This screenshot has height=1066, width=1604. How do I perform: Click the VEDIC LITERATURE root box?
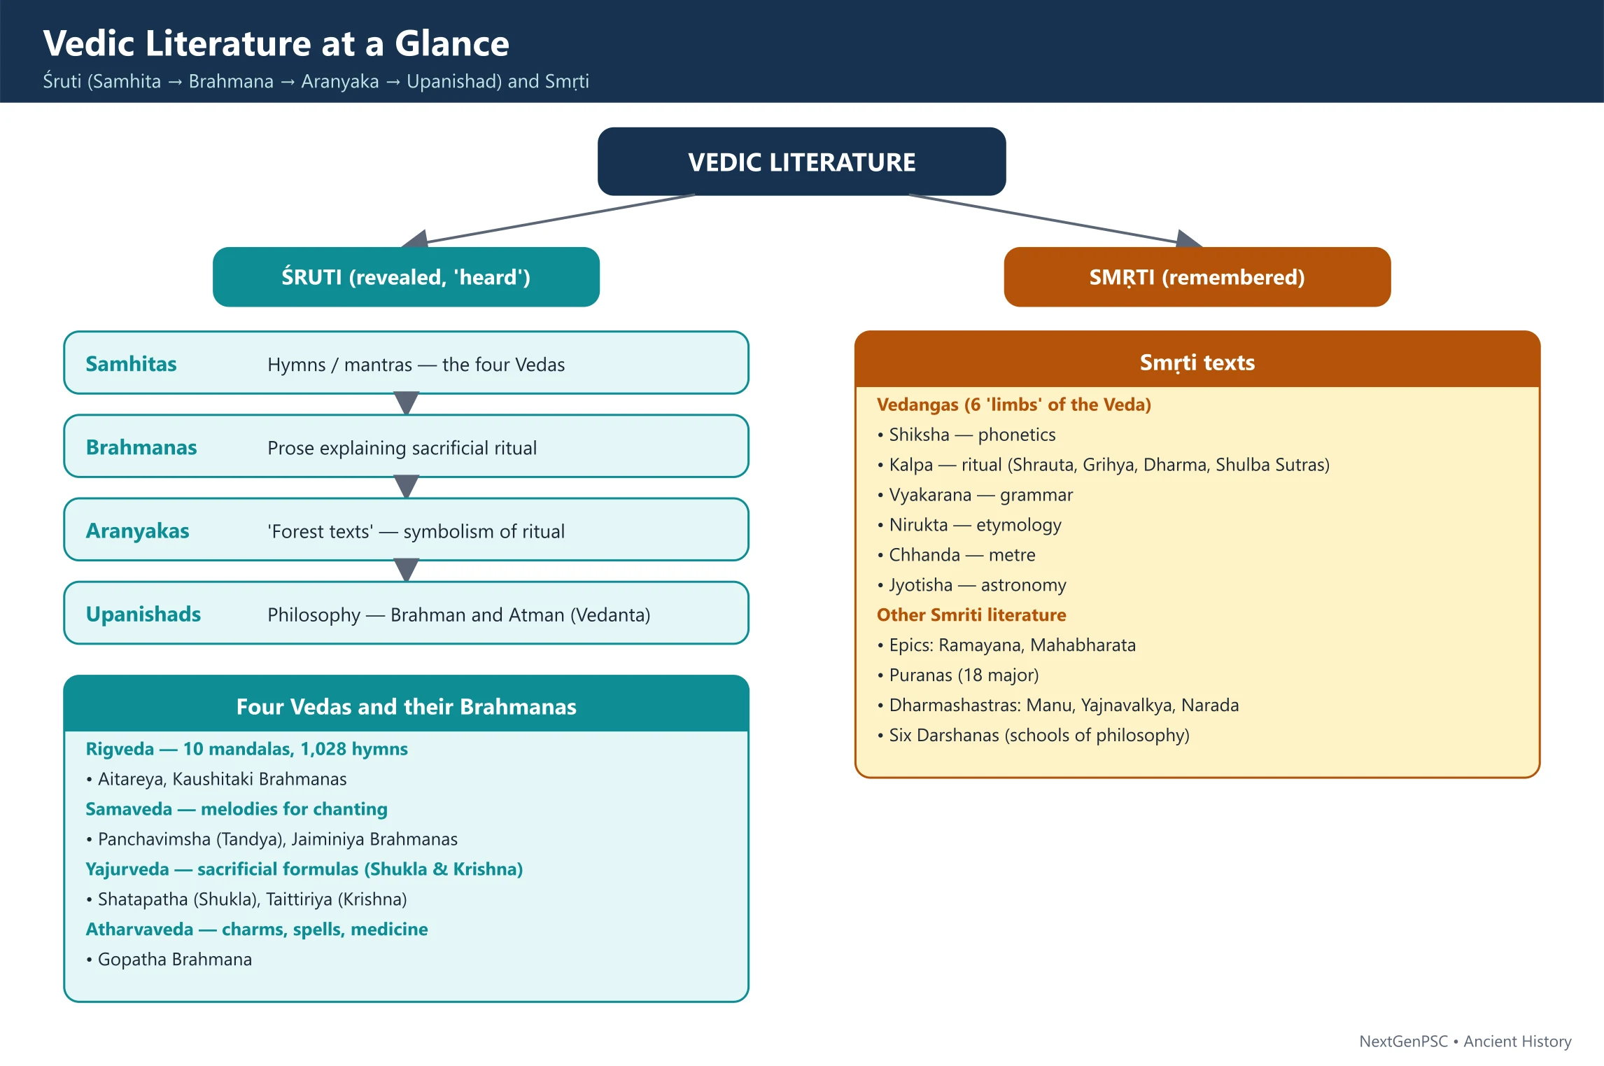pos(801,162)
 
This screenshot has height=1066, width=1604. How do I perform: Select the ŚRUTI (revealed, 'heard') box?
pos(406,277)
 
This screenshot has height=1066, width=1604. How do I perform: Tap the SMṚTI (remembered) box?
pos(1197,277)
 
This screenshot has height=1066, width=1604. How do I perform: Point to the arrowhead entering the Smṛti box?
pos(1189,239)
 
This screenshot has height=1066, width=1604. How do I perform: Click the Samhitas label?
pos(131,364)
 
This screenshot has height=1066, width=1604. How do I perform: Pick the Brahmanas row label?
pos(141,447)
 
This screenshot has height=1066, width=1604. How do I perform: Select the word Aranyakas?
pos(137,531)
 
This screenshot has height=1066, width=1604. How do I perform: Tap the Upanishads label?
pos(143,614)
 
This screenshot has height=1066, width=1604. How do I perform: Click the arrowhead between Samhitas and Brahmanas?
pos(406,403)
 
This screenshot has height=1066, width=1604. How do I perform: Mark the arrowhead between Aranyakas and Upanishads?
pos(406,570)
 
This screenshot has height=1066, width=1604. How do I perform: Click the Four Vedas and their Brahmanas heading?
pos(406,707)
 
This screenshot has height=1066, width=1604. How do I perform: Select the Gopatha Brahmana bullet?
pos(169,959)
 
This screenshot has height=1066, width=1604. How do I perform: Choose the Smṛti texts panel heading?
pos(1197,363)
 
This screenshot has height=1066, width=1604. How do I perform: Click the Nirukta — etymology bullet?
pos(969,525)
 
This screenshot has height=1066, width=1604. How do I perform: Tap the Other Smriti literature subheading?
pos(971,615)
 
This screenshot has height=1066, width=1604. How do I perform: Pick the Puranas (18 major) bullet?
pos(958,675)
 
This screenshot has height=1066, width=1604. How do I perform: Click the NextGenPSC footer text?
pos(1403,1042)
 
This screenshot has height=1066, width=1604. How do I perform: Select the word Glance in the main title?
pos(452,43)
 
